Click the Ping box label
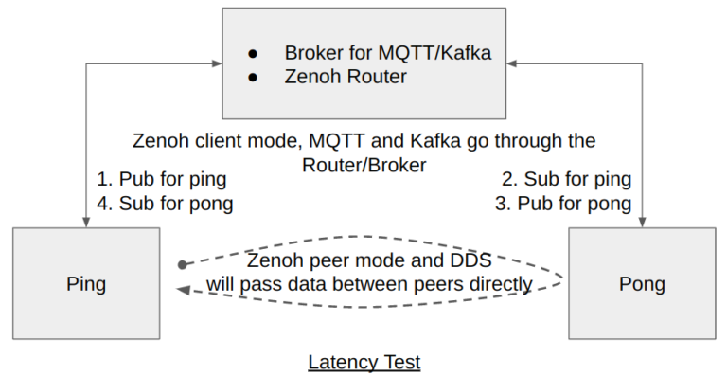(x=86, y=284)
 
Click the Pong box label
(x=642, y=284)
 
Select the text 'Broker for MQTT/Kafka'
(x=387, y=53)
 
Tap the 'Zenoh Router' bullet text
(x=346, y=77)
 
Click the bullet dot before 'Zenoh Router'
(x=253, y=78)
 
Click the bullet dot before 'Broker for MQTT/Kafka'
(x=253, y=54)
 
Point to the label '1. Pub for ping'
(x=162, y=179)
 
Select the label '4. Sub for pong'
(x=165, y=203)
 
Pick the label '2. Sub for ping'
(x=566, y=179)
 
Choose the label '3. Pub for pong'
(x=563, y=203)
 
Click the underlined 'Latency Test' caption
(x=363, y=362)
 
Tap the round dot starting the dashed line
(x=183, y=265)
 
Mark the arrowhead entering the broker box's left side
(x=217, y=64)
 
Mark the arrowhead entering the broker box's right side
(x=514, y=64)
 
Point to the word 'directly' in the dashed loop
(x=499, y=283)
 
